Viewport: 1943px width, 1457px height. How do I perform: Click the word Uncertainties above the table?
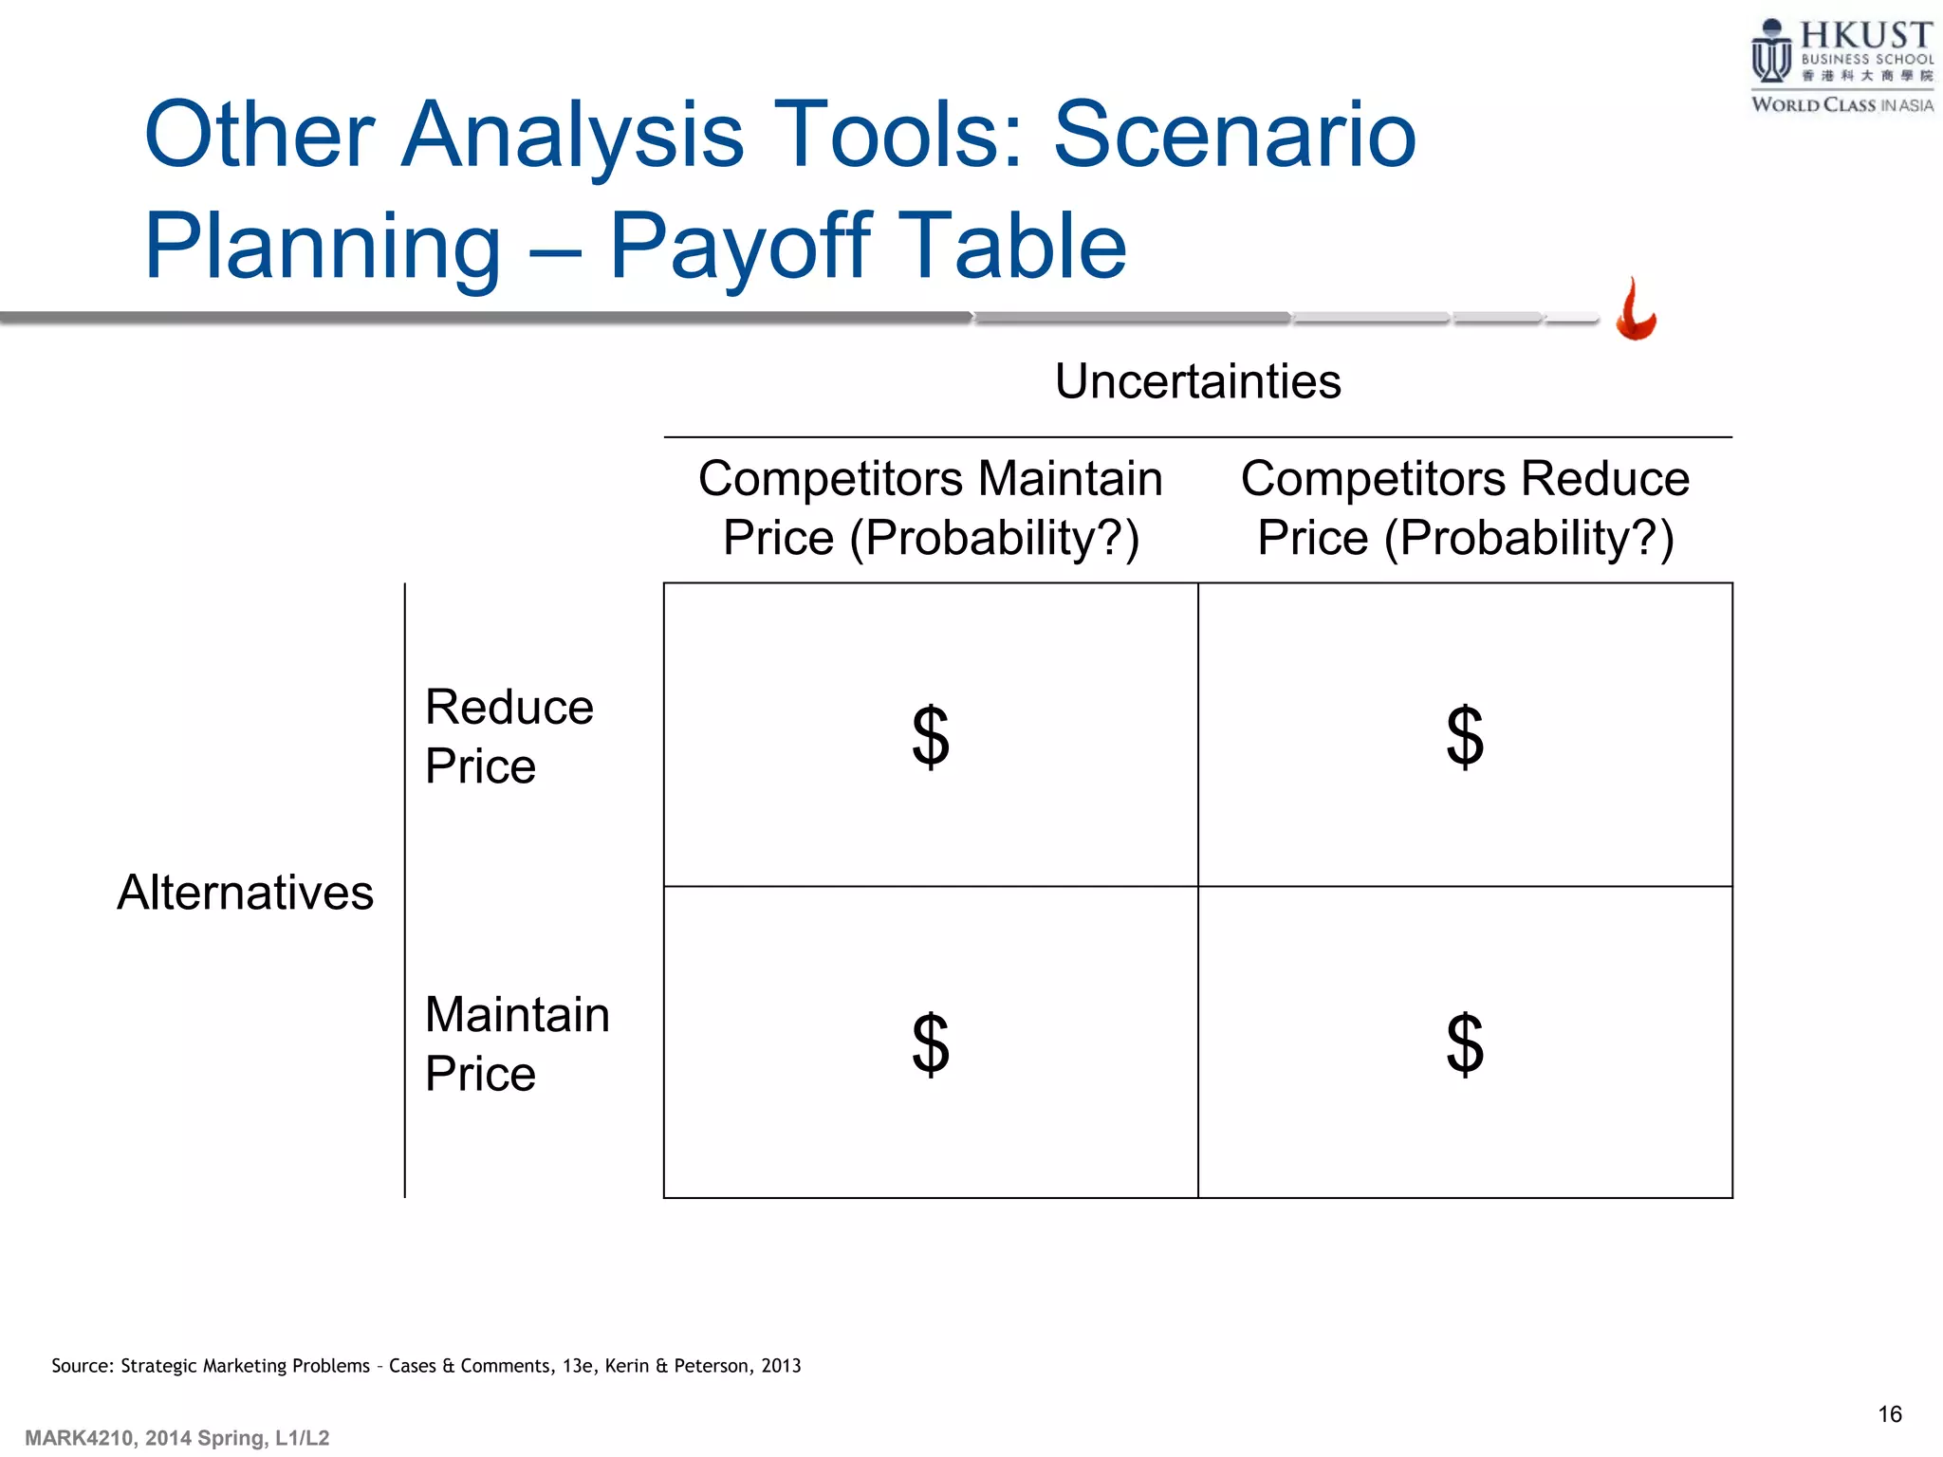[1197, 381]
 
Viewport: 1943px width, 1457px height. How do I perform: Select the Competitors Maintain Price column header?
[930, 507]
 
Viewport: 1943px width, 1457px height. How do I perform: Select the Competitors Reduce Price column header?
[1465, 507]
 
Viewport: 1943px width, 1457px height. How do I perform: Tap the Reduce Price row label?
[509, 735]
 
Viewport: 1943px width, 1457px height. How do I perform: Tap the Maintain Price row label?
[516, 1043]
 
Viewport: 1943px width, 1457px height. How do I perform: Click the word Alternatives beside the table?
[245, 893]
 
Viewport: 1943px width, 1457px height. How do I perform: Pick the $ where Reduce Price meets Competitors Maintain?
[930, 736]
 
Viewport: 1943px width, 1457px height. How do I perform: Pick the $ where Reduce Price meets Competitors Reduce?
[1465, 736]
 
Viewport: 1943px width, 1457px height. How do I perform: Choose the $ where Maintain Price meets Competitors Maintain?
[930, 1043]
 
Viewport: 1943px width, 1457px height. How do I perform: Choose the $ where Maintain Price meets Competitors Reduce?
[1465, 1043]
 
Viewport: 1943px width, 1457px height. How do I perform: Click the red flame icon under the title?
[1636, 311]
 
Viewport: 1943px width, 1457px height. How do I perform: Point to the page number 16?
[1889, 1414]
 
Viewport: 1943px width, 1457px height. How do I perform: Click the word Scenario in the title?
[1233, 135]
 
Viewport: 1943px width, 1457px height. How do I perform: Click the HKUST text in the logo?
[1865, 35]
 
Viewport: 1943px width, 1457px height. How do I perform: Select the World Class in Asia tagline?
[1841, 104]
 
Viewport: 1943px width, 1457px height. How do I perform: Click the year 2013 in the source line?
[781, 1366]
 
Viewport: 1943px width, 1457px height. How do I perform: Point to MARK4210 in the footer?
[79, 1438]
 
